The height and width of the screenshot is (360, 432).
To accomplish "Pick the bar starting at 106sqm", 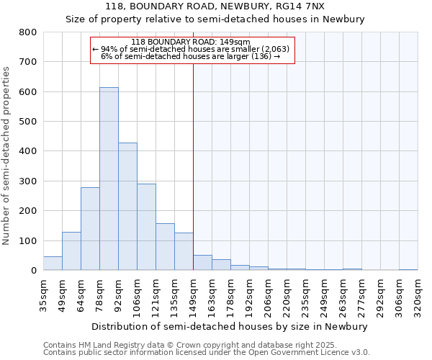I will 146,227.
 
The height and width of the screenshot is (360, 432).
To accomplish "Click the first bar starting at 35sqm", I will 53,264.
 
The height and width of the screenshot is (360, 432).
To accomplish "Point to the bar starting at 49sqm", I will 71,251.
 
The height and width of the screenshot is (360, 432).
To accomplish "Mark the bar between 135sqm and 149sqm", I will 184,251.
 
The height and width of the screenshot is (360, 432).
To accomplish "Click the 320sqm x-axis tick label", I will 418,294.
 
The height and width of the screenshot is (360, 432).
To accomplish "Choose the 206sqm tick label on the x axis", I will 268,294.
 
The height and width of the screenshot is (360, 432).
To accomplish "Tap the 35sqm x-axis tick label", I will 43,294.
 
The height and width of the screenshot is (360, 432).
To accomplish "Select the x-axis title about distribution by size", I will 230,326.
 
